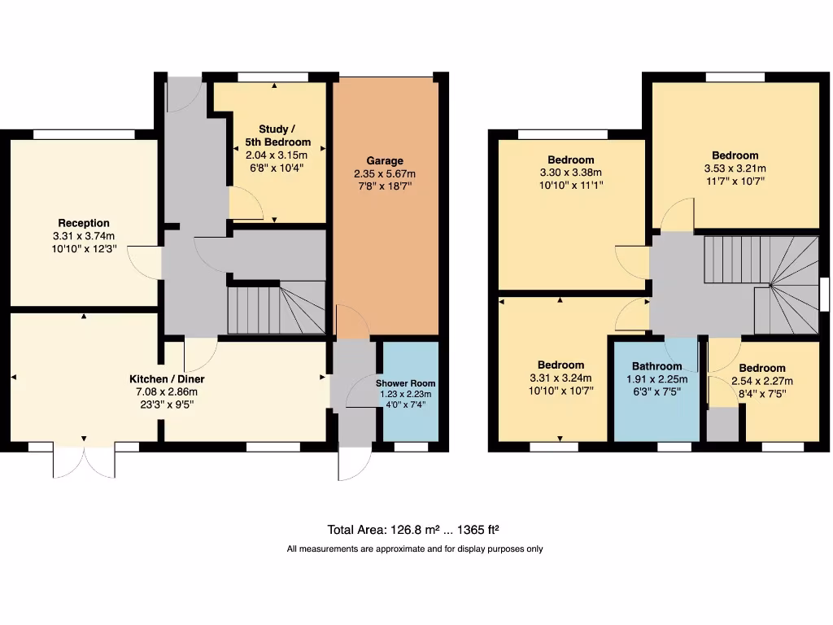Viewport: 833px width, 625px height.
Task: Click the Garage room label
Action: click(384, 160)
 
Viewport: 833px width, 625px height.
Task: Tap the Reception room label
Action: click(83, 223)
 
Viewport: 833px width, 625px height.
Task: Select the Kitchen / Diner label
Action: click(167, 379)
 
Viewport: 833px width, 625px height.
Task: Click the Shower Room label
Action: click(405, 383)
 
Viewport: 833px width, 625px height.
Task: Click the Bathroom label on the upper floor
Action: click(656, 366)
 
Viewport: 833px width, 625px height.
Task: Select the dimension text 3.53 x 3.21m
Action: click(735, 169)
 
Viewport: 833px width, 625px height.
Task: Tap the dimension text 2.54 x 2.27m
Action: click(762, 381)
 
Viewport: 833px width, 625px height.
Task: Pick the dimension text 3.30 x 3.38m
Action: click(570, 173)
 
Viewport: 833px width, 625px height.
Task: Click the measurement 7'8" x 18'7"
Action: click(384, 186)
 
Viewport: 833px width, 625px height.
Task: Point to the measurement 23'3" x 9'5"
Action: click(167, 404)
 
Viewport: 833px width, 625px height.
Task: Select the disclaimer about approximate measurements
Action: click(415, 549)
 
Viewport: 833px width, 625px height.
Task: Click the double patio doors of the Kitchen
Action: click(84, 461)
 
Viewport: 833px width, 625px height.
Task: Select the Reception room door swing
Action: click(142, 261)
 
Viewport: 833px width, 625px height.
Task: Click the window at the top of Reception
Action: click(84, 133)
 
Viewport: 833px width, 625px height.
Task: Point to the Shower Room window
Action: click(411, 447)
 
